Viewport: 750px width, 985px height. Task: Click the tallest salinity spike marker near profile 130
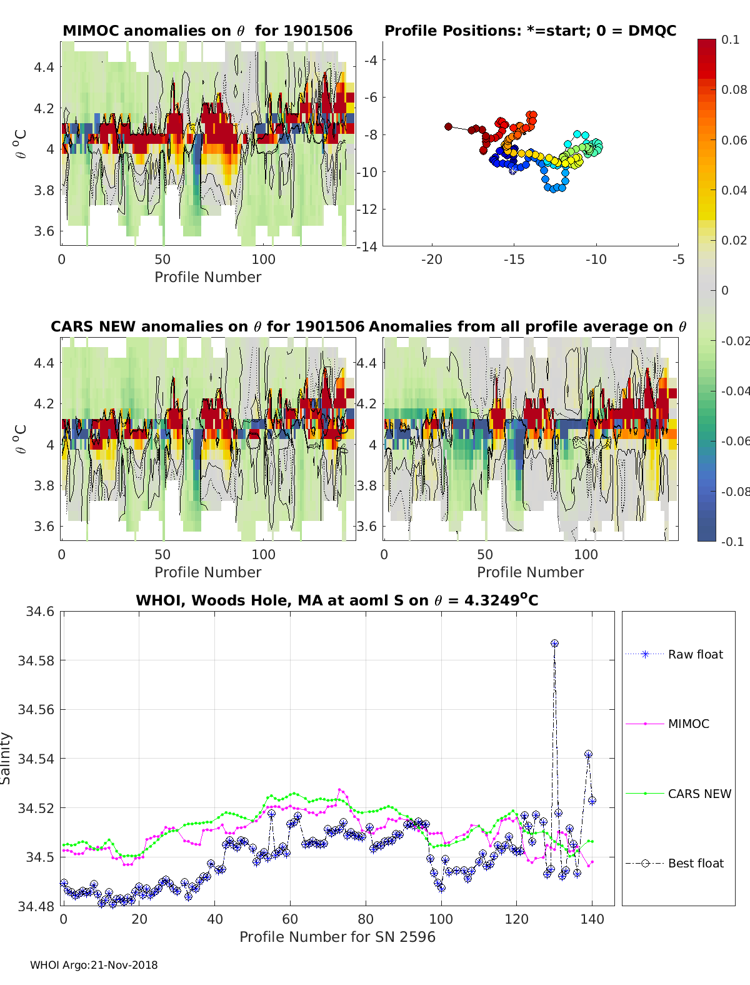tap(554, 644)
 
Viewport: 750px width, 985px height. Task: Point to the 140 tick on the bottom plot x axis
tap(592, 919)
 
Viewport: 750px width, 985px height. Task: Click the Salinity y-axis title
tap(6, 758)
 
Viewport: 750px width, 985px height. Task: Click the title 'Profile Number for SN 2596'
tap(337, 937)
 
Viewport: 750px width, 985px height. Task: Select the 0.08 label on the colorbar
tap(734, 89)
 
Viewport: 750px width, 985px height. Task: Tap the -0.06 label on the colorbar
tap(735, 441)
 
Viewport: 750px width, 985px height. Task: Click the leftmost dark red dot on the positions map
tap(448, 126)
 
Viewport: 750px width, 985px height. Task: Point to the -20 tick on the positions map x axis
tap(432, 260)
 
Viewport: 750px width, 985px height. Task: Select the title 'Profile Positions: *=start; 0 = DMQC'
tap(530, 31)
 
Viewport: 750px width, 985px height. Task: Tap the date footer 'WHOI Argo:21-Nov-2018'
tap(94, 965)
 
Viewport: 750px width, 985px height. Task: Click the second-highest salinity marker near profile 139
tap(588, 755)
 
